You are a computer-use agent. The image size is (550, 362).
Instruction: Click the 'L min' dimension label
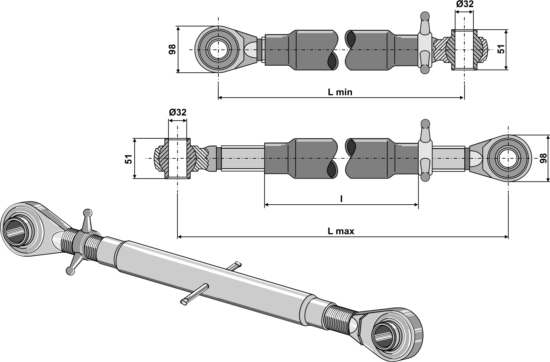(340, 92)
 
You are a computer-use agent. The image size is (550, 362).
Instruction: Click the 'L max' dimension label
(341, 231)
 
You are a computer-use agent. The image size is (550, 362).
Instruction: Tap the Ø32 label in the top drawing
(464, 4)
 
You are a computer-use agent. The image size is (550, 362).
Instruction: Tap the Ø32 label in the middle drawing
(177, 112)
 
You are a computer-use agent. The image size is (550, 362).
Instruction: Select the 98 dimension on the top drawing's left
(172, 49)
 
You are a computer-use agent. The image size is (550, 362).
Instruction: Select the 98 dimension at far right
(543, 158)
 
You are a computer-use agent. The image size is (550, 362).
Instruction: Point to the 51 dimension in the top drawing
(501, 49)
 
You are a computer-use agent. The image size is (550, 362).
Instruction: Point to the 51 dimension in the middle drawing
(128, 159)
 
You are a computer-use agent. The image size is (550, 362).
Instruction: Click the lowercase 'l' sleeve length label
(341, 199)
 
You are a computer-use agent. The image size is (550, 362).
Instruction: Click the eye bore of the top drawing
(218, 50)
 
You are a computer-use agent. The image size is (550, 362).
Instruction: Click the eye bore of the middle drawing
(508, 158)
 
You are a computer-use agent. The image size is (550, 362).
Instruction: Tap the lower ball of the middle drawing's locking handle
(425, 177)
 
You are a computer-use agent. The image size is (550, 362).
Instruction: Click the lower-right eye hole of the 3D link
(383, 336)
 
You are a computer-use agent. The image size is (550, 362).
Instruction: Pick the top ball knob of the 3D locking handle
(87, 213)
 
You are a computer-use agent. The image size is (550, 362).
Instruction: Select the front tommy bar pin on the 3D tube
(193, 294)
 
